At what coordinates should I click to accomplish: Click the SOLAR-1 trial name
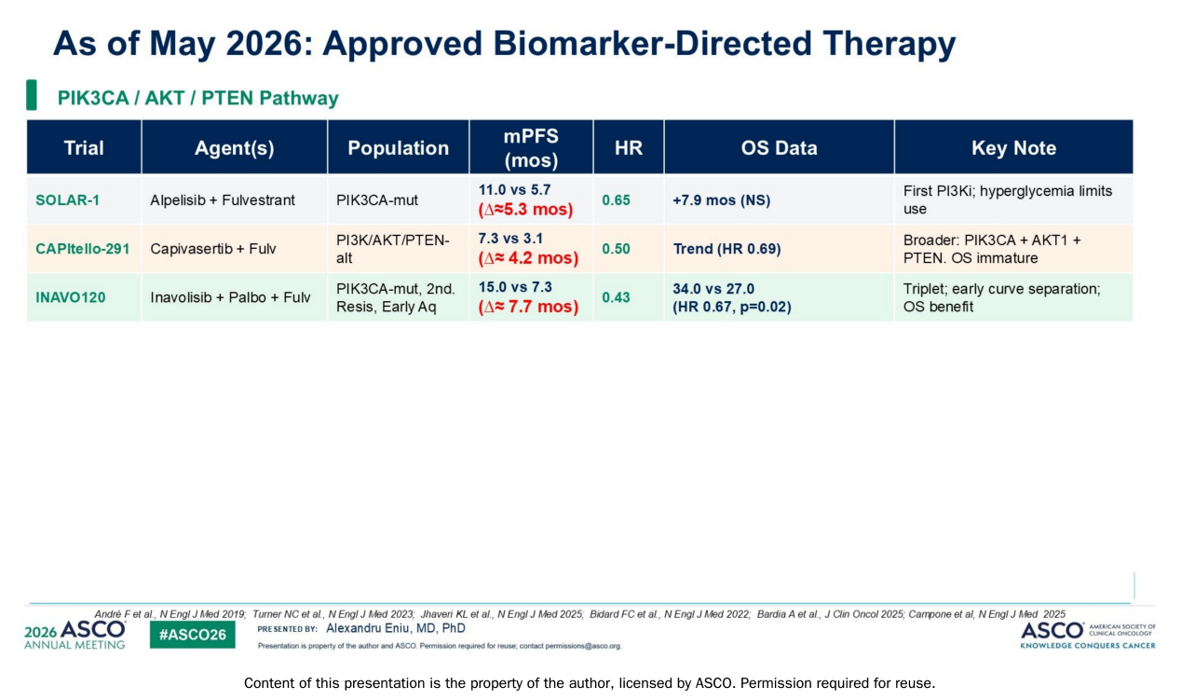[x=67, y=200]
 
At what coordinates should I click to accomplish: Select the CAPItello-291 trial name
[x=82, y=249]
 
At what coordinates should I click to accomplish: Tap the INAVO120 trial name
[x=71, y=297]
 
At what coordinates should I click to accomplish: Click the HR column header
[x=629, y=147]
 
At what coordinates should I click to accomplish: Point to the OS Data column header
[x=780, y=147]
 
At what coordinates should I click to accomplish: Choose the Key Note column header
[x=1014, y=147]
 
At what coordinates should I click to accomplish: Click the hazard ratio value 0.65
[x=616, y=200]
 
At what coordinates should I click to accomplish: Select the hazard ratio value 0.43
[x=616, y=297]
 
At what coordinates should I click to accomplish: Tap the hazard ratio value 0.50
[x=616, y=249]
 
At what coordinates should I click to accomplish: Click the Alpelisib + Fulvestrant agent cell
[x=223, y=200]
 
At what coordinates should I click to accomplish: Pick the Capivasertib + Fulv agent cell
[x=213, y=249]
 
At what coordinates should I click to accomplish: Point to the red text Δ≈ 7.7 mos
[x=528, y=307]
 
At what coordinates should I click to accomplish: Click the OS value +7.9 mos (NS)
[x=721, y=200]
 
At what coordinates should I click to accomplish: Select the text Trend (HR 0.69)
[x=726, y=249]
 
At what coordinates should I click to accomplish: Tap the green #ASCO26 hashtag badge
[x=193, y=635]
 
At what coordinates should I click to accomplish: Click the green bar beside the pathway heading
[x=32, y=95]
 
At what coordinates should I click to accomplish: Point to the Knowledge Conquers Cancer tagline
[x=1088, y=645]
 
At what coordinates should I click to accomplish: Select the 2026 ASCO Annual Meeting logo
[x=75, y=635]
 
